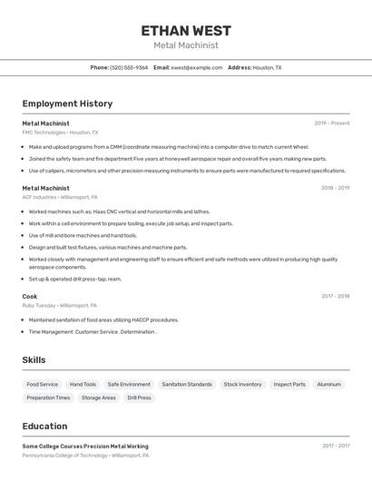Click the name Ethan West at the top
tap(186, 30)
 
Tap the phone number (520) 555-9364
tap(129, 67)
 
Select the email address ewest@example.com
tap(197, 67)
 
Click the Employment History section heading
tap(67, 103)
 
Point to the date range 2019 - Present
tap(331, 123)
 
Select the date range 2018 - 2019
tap(335, 188)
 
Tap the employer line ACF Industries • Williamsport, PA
tap(60, 197)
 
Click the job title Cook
tap(30, 296)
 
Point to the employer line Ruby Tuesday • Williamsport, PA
tap(59, 305)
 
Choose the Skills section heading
tap(34, 360)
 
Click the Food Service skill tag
tap(43, 384)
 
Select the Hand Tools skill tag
tap(83, 384)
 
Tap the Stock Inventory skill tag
tap(242, 384)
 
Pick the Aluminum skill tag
tap(328, 384)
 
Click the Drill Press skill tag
tap(139, 398)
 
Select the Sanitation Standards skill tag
tap(187, 384)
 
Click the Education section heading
tap(45, 426)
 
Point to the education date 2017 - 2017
tap(336, 446)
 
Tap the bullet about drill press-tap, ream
tap(74, 279)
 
